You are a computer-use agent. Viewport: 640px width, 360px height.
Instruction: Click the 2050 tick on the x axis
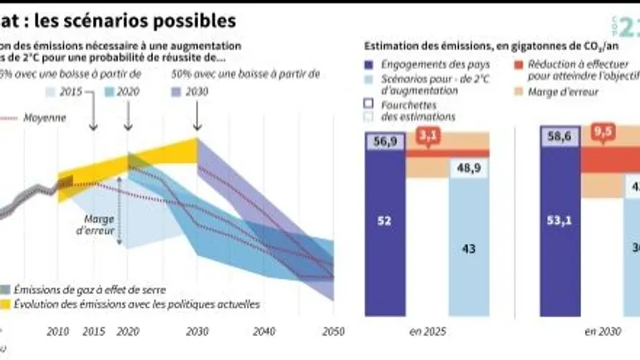(x=333, y=330)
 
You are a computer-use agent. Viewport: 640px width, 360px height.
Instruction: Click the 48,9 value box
(x=468, y=168)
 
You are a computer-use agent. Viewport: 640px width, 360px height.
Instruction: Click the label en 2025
(x=427, y=332)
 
